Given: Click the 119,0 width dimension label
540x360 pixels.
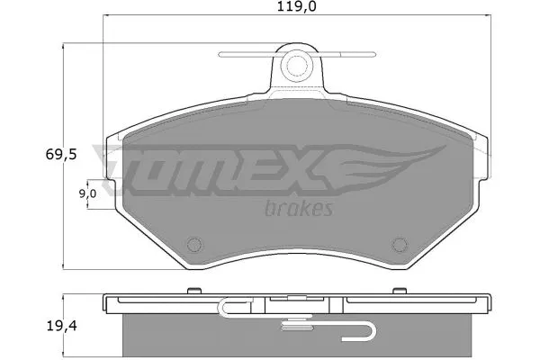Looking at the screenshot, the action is pyautogui.click(x=297, y=6).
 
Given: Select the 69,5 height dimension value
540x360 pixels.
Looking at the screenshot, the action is pyautogui.click(x=61, y=155).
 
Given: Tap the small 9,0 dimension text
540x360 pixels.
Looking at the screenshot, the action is pyautogui.click(x=88, y=194).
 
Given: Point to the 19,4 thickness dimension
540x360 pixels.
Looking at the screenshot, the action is pyautogui.click(x=61, y=326).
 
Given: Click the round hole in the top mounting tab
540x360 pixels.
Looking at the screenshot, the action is pyautogui.click(x=296, y=66).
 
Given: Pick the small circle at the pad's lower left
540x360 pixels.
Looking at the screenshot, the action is pyautogui.click(x=194, y=245).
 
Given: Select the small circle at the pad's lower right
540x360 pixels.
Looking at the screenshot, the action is pyautogui.click(x=400, y=245).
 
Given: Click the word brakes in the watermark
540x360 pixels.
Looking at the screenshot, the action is pyautogui.click(x=299, y=208).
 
